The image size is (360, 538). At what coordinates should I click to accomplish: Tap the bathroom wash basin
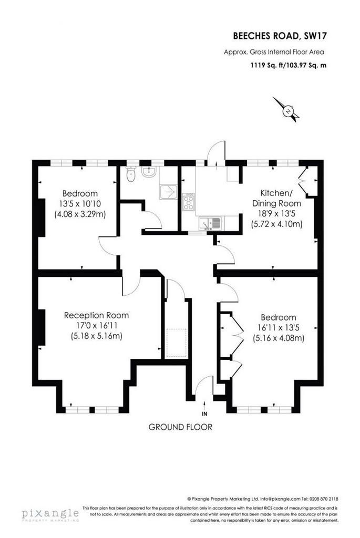pyautogui.click(x=149, y=172)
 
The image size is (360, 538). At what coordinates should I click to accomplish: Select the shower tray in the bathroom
pyautogui.click(x=168, y=192)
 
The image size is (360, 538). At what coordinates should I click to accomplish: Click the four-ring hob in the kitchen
pyautogui.click(x=189, y=201)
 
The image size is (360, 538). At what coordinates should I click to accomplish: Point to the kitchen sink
pyautogui.click(x=210, y=223)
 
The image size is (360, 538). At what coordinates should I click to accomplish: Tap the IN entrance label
pyautogui.click(x=204, y=414)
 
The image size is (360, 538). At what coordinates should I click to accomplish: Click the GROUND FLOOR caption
pyautogui.click(x=180, y=427)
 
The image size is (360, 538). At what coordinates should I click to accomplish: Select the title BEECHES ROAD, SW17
pyautogui.click(x=280, y=36)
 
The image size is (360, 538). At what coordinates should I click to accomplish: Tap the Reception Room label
pyautogui.click(x=96, y=315)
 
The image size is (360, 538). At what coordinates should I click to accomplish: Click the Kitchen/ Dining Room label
pyautogui.click(x=276, y=198)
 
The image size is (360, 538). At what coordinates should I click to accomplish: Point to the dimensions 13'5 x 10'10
pyautogui.click(x=80, y=203)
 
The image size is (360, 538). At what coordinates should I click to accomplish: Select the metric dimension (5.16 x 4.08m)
pyautogui.click(x=279, y=338)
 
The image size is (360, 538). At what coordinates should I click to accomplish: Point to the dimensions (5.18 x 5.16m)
pyautogui.click(x=96, y=336)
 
